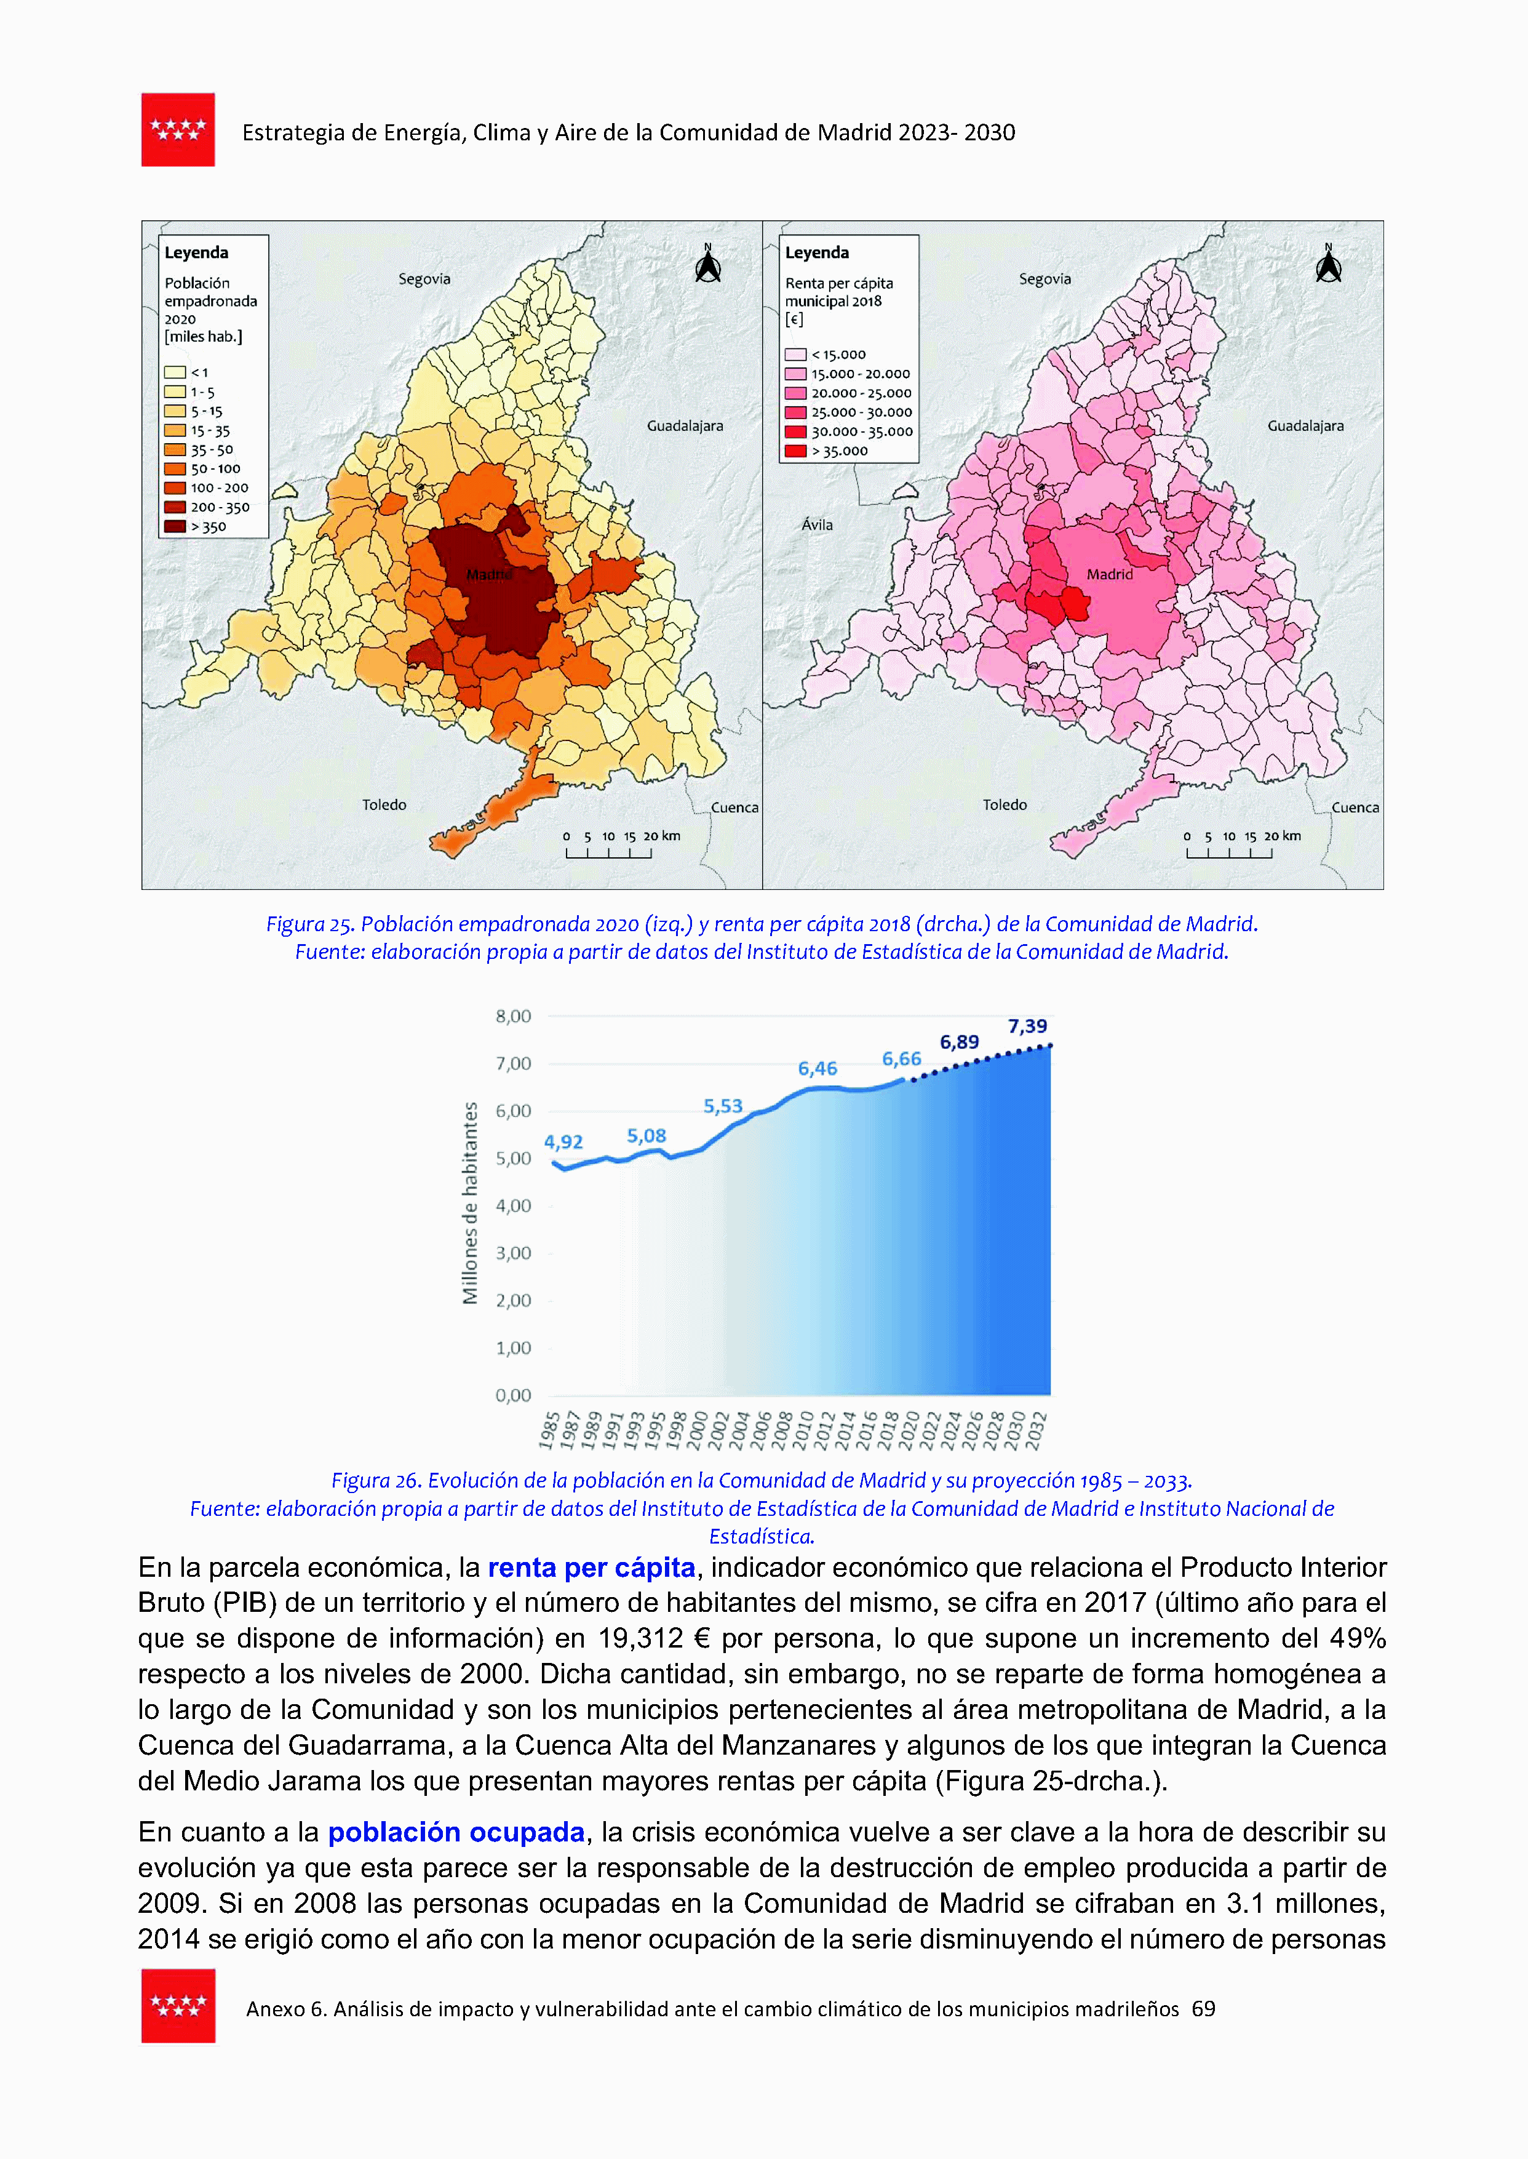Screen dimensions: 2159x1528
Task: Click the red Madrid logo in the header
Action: click(178, 130)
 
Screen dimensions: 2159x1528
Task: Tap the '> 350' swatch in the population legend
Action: click(175, 526)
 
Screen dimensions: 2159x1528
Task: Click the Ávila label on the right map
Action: click(817, 525)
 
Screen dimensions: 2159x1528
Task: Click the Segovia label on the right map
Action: click(1045, 279)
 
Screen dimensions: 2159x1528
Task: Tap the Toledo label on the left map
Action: click(384, 804)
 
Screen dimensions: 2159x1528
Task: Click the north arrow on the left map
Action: click(707, 265)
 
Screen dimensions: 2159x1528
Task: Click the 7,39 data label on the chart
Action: click(1027, 1026)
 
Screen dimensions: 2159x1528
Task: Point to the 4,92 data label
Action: click(563, 1142)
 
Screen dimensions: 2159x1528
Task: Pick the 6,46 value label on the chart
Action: click(817, 1068)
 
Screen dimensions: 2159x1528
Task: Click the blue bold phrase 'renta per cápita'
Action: click(591, 1568)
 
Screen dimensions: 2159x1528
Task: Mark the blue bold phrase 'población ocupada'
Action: click(456, 1832)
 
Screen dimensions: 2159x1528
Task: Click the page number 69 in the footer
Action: click(1203, 2008)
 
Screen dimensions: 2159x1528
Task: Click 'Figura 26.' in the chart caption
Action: click(376, 1480)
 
